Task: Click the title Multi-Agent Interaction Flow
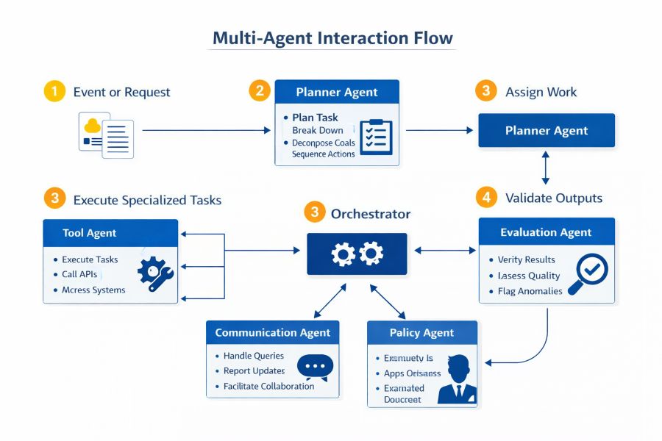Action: click(x=332, y=37)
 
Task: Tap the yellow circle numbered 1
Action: click(x=54, y=91)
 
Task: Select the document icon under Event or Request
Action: click(x=107, y=134)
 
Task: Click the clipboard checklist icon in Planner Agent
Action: click(x=376, y=137)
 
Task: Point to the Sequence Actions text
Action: click(x=323, y=154)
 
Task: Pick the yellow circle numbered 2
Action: click(x=259, y=91)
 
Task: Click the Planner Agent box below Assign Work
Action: click(x=546, y=131)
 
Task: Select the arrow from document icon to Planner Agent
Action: click(x=206, y=131)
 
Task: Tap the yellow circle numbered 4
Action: click(x=485, y=197)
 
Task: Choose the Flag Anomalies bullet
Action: click(x=530, y=291)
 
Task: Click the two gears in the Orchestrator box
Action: click(x=357, y=254)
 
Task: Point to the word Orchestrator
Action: click(x=370, y=214)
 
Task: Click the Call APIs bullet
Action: click(x=79, y=274)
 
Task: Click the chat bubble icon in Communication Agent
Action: click(x=315, y=366)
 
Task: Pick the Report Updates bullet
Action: click(x=254, y=371)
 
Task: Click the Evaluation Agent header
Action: click(x=546, y=232)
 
